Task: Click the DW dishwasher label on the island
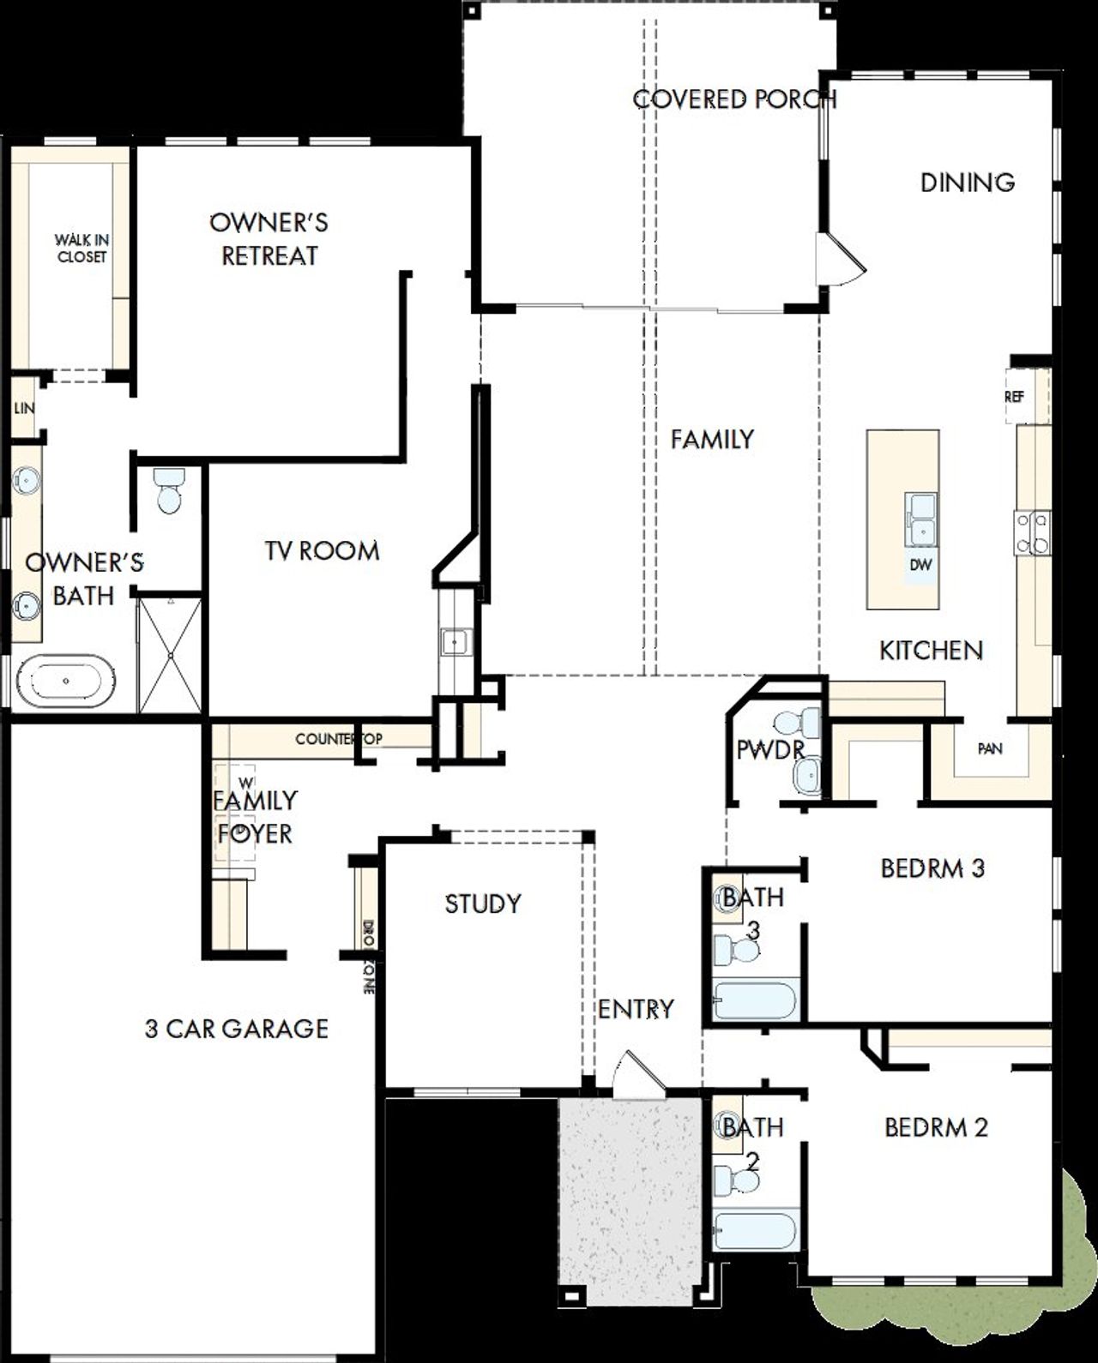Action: [920, 565]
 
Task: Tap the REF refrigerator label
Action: [1014, 397]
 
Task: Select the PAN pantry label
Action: [990, 748]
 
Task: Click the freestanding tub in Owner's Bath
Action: [66, 681]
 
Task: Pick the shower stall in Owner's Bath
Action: [171, 655]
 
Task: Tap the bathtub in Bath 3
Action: [756, 1001]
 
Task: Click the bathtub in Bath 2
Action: [756, 1232]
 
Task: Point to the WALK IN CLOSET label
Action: [81, 249]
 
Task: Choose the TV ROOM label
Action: [322, 550]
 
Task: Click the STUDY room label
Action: [483, 904]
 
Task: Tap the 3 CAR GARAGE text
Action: [237, 1028]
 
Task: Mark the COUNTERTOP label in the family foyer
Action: [338, 738]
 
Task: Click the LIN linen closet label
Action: [24, 408]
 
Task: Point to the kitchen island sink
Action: [921, 519]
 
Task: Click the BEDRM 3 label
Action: [932, 868]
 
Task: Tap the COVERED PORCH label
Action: [734, 99]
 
